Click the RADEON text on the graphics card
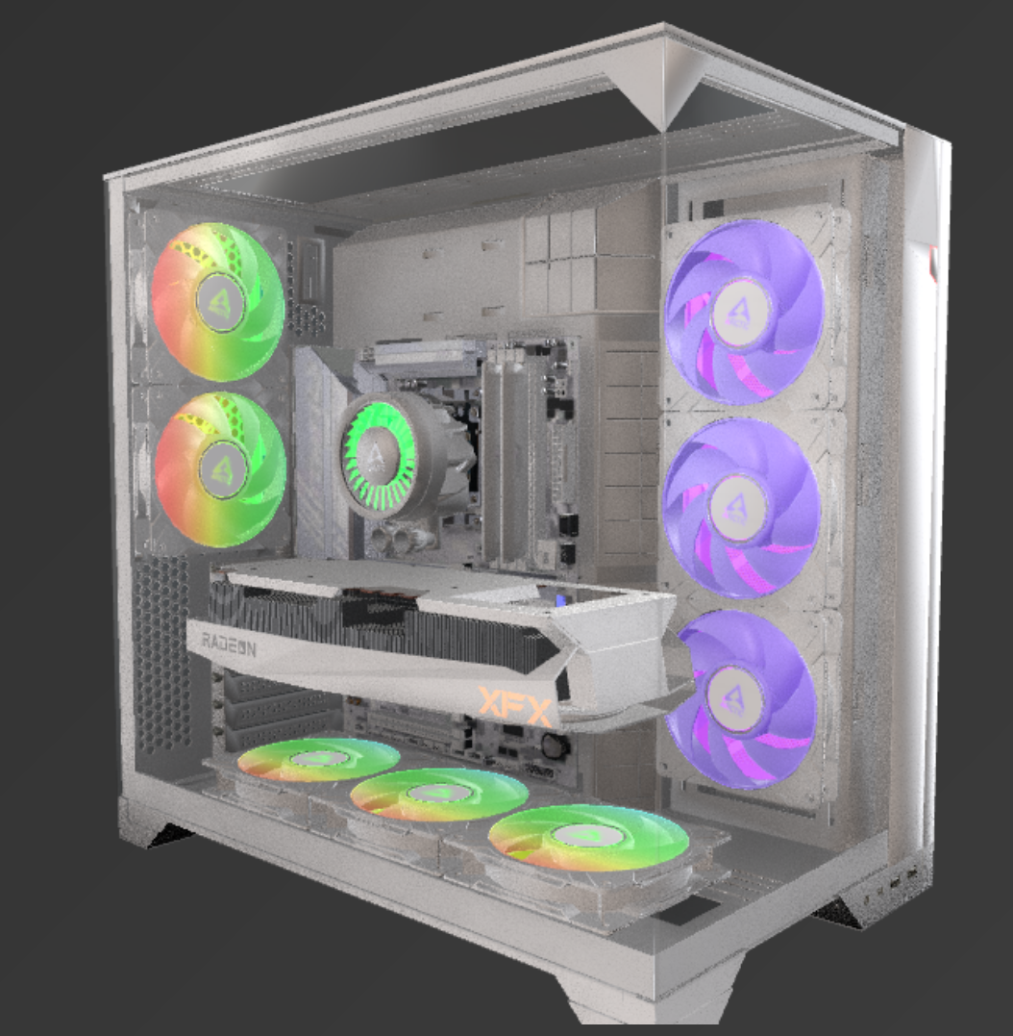click(x=229, y=644)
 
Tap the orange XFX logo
click(x=515, y=707)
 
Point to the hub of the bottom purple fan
click(x=731, y=698)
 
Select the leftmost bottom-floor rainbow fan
click(x=318, y=760)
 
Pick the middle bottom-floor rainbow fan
click(x=439, y=795)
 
